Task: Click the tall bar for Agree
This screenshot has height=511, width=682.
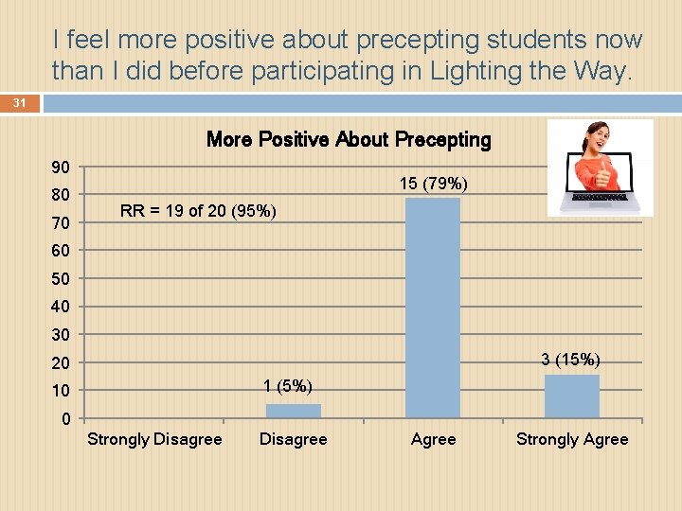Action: tap(433, 308)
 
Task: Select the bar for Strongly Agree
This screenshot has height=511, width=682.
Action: tap(572, 396)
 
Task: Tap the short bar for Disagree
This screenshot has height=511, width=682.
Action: tap(294, 411)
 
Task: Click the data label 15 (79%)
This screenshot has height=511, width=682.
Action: tap(433, 183)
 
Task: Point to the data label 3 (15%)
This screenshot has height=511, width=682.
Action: tap(571, 360)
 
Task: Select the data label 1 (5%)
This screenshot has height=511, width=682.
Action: tap(288, 385)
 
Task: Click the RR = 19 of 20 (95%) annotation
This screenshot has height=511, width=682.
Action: tap(199, 211)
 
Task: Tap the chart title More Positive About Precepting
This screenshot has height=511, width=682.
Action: tap(349, 140)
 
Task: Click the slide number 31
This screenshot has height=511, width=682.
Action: tap(20, 102)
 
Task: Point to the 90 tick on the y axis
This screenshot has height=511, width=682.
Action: tap(61, 167)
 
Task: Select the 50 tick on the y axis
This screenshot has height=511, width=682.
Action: tap(61, 279)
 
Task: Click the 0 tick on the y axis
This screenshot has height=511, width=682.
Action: tap(65, 419)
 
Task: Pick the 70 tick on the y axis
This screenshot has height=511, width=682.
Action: tap(61, 223)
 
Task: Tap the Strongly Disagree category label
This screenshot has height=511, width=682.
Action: tap(154, 439)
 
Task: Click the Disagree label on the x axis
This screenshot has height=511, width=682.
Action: tap(294, 439)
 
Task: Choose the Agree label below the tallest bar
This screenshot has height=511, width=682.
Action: tap(433, 439)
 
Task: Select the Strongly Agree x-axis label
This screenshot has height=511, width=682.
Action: tap(572, 439)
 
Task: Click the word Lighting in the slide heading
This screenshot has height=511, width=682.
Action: tap(492, 70)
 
